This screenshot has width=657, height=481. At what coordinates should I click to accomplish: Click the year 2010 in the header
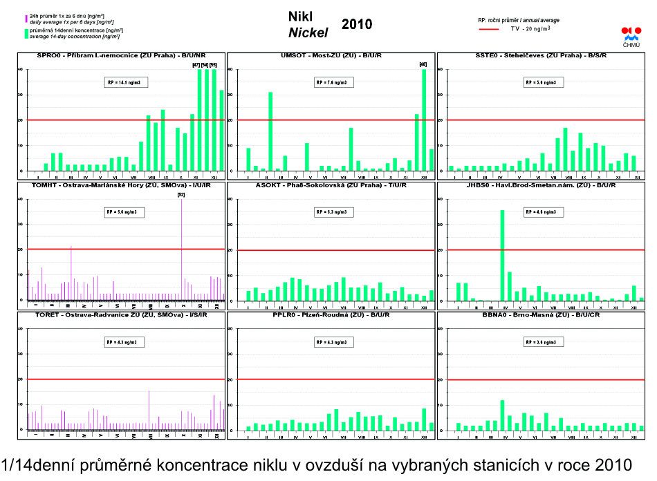[357, 25]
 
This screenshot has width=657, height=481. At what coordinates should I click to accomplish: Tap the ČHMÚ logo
[631, 37]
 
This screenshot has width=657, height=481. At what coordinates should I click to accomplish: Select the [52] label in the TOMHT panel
[181, 194]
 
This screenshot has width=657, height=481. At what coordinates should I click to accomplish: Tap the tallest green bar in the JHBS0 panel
[502, 255]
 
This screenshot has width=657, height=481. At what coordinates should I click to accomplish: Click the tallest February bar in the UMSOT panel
[270, 131]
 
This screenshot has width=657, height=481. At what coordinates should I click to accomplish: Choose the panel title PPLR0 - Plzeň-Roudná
[330, 314]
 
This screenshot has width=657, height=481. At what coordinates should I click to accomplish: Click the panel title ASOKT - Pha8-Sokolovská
[330, 185]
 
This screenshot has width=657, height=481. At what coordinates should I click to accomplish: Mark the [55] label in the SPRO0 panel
[213, 64]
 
